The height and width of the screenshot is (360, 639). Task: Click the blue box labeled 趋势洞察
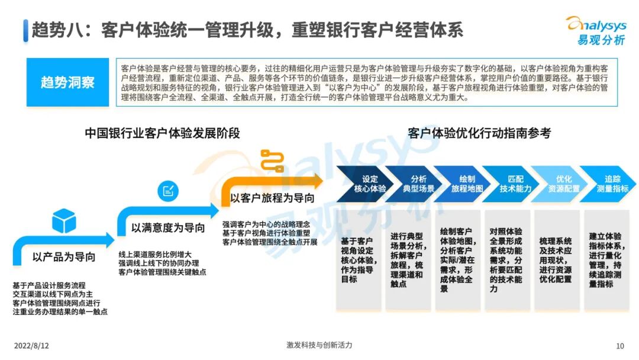(x=67, y=82)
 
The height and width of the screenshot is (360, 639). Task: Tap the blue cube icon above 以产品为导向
(x=64, y=221)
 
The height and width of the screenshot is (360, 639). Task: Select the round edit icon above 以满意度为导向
(x=167, y=191)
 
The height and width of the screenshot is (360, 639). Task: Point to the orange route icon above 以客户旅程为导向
(x=272, y=160)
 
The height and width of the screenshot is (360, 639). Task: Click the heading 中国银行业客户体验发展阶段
(x=162, y=133)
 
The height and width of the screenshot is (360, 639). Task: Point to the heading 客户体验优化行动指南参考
(x=479, y=133)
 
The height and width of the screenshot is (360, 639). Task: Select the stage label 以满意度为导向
(x=168, y=228)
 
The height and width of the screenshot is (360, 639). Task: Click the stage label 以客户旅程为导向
(x=272, y=198)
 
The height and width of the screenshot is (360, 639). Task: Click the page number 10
(x=620, y=346)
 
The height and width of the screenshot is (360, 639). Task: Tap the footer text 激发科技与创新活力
(x=319, y=345)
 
